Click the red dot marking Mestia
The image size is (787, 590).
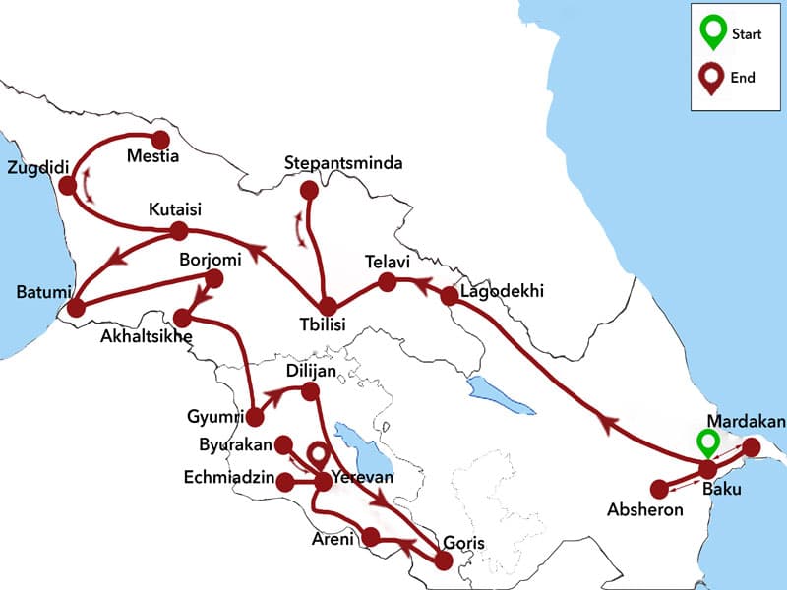[x=160, y=140]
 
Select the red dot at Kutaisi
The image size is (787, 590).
[x=179, y=231]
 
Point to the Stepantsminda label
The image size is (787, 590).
[x=342, y=162]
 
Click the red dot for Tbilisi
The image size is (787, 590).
[x=327, y=306]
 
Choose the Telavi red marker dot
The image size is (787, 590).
[x=388, y=283]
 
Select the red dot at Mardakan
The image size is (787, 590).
[x=751, y=447]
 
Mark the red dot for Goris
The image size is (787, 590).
[x=444, y=560]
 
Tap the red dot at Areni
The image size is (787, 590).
[x=371, y=537]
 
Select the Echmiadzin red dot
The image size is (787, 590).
[x=285, y=482]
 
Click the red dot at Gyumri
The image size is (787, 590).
[x=255, y=417]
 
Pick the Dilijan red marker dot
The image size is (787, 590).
[x=309, y=392]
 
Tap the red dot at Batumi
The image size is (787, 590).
[x=76, y=306]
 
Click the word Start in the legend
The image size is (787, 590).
[x=747, y=34]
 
